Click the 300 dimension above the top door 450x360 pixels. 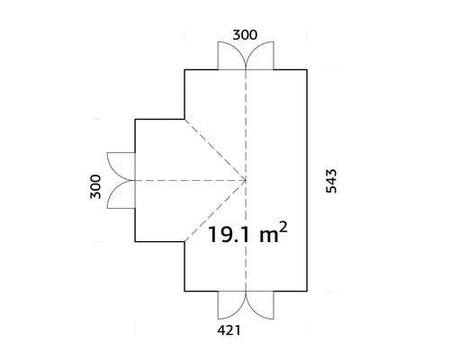click(245, 35)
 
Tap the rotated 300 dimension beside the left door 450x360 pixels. click(95, 186)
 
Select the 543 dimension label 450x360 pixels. click(331, 181)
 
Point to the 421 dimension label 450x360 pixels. click(229, 330)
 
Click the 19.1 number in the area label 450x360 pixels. click(229, 235)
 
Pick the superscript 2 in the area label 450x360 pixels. click(283, 228)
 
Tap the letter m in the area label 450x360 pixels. click(269, 237)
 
